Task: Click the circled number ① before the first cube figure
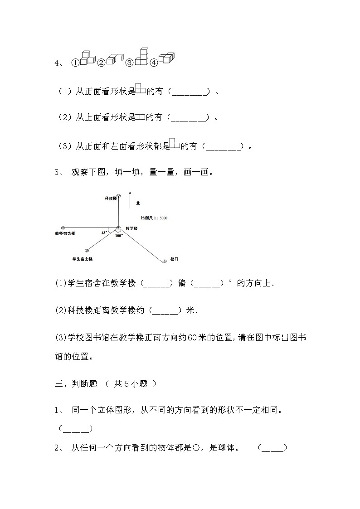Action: point(75,63)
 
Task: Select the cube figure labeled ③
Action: point(141,57)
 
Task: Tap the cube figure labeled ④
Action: point(166,58)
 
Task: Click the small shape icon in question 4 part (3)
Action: point(175,144)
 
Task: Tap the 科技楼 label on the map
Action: point(111,199)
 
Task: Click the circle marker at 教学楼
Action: point(118,228)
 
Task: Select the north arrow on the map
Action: point(130,199)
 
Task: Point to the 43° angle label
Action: point(104,232)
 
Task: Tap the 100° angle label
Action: point(119,236)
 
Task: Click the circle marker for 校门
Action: point(164,260)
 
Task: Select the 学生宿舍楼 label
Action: point(83,258)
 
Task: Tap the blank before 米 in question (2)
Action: point(165,310)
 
